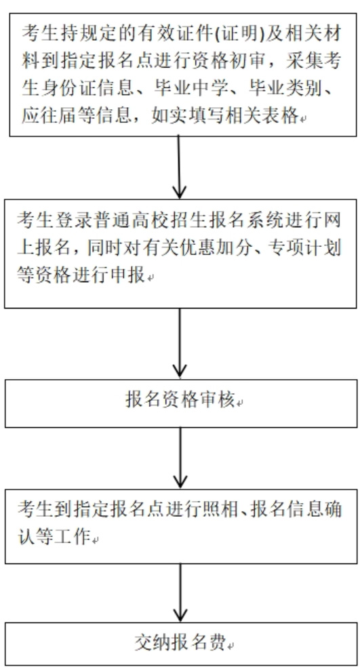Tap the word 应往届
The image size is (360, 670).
[46, 115]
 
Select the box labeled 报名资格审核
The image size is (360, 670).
[180, 403]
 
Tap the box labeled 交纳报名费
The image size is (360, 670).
[180, 644]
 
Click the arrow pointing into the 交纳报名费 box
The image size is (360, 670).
[180, 593]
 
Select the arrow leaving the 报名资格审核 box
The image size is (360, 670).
[180, 457]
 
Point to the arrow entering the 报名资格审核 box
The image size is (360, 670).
[180, 343]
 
